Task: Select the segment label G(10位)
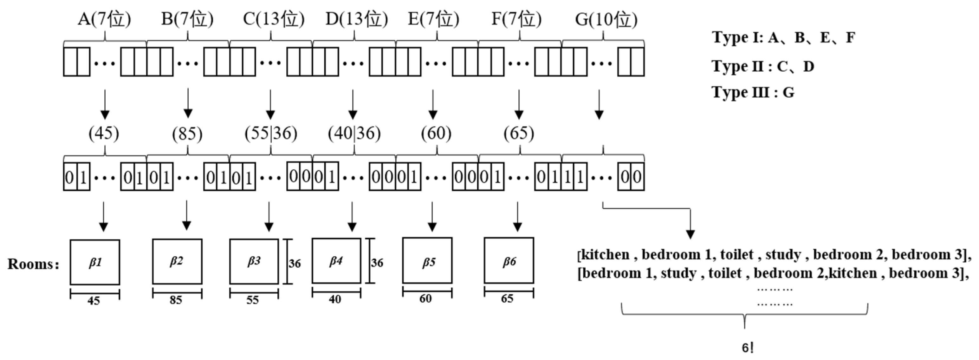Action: point(606,19)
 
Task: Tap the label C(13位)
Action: point(274,19)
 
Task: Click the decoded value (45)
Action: point(104,134)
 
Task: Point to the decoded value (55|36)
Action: point(271,134)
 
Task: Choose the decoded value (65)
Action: point(519,134)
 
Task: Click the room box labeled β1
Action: point(95,262)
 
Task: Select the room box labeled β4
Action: point(336,261)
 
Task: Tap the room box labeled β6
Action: point(509,261)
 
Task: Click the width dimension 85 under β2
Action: point(176,300)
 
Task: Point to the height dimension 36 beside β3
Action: point(295,264)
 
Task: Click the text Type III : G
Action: point(753,92)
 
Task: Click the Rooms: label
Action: point(33,264)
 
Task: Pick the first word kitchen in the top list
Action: point(605,255)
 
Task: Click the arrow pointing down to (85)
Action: point(188,103)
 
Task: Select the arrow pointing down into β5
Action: point(432,217)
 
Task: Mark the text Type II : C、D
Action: point(763,67)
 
